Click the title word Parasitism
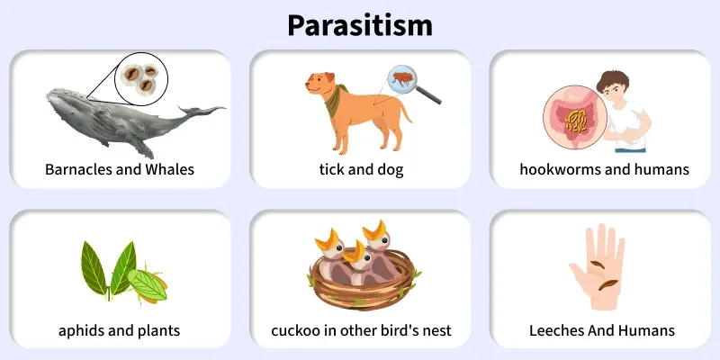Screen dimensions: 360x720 [360, 24]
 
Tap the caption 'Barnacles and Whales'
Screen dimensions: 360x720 [120, 169]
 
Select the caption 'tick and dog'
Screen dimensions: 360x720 [360, 169]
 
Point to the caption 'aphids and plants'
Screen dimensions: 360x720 [120, 330]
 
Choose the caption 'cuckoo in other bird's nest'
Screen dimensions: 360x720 [360, 330]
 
